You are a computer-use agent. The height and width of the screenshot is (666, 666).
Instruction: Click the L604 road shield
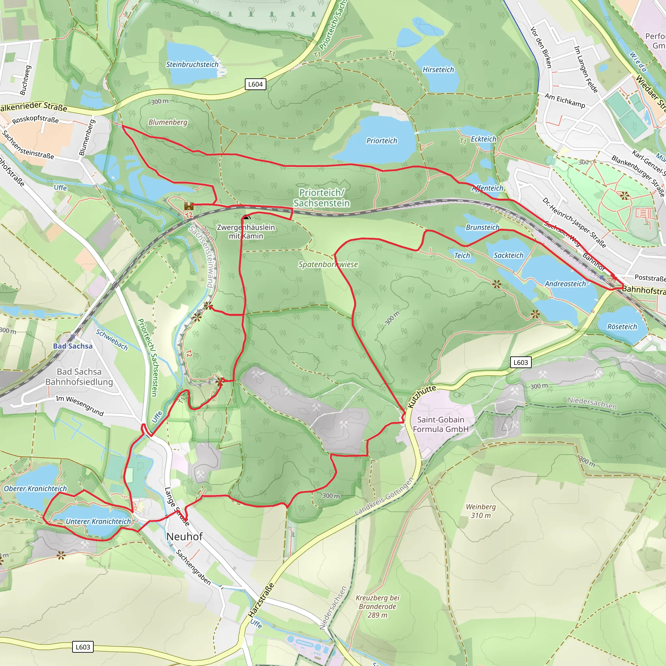(255, 84)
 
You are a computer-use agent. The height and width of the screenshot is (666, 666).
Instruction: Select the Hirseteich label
(438, 70)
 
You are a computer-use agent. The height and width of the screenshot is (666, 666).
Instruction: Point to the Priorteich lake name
(381, 140)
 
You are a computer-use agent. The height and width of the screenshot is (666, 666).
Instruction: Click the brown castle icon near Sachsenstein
(189, 206)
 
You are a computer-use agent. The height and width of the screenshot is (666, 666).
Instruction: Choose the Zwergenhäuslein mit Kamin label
(246, 232)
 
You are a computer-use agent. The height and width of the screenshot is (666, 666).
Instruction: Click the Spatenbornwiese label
(328, 264)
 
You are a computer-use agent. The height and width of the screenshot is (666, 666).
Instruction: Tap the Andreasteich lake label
(565, 284)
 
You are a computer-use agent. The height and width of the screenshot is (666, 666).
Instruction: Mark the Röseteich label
(622, 326)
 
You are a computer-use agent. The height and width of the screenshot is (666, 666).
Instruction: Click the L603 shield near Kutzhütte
(521, 362)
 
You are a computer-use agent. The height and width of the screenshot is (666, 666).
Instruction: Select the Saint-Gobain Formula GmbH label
(441, 424)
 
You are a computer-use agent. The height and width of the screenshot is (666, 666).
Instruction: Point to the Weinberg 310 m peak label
(481, 511)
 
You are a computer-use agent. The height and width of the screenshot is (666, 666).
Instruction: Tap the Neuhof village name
(184, 536)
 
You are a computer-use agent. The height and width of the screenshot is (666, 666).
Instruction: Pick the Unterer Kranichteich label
(98, 521)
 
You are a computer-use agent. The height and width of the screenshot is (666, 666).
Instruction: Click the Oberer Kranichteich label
(35, 488)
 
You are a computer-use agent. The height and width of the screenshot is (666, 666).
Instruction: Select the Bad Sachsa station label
(73, 346)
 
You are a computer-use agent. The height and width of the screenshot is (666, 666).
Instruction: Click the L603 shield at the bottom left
(83, 647)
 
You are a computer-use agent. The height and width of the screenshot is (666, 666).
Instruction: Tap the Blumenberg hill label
(167, 122)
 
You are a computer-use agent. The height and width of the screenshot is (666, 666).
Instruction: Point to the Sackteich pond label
(508, 255)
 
